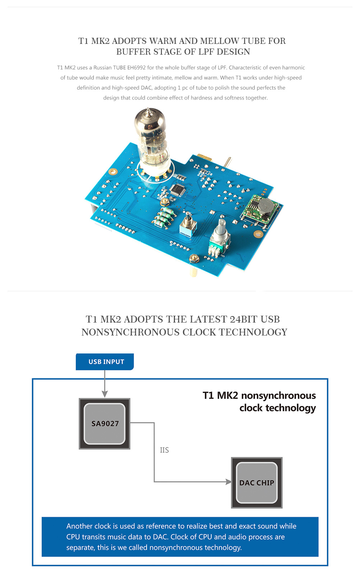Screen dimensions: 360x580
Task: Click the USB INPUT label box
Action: point(105,361)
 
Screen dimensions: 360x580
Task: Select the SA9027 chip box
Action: point(105,424)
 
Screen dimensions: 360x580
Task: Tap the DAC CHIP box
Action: point(257,483)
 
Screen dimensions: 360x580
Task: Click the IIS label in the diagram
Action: point(164,450)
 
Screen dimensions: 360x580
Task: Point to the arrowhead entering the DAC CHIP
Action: point(229,482)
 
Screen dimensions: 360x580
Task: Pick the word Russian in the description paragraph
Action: point(102,68)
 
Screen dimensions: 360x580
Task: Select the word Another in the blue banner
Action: point(79,526)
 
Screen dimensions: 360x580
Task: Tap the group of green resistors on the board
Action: point(164,217)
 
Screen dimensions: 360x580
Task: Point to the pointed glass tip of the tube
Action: point(148,110)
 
